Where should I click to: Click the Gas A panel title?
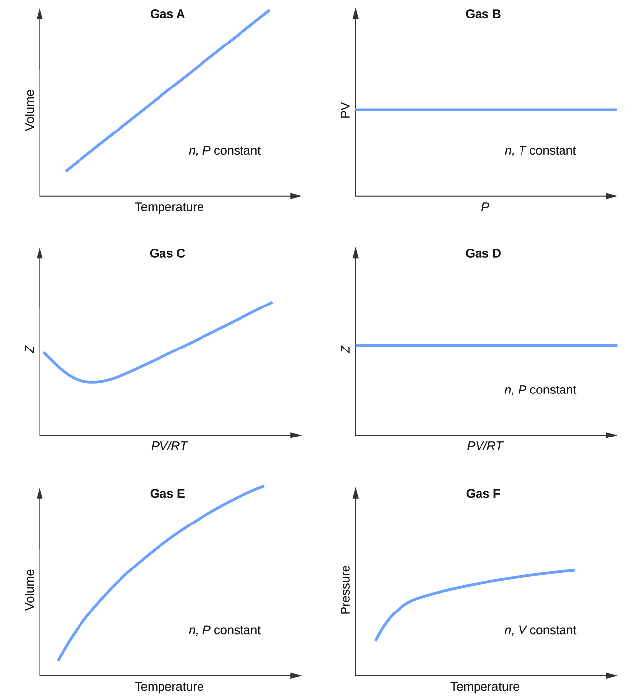167,14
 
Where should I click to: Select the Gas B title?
483,14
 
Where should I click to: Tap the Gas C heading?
167,254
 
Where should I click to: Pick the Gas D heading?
483,254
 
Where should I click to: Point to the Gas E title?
167,494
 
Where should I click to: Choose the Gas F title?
483,494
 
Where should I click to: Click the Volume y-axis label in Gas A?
30,110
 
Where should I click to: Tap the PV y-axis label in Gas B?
345,110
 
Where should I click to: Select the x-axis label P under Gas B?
485,207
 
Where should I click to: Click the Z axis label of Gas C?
30,349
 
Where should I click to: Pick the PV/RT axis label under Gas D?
485,446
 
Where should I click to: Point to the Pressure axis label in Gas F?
345,590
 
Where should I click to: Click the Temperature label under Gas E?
169,687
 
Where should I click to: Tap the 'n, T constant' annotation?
540,151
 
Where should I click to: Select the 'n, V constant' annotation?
540,630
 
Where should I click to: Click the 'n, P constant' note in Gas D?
540,390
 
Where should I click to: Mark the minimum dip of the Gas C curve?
92,382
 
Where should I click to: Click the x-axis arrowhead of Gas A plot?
296,196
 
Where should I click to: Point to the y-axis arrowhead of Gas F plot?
355,493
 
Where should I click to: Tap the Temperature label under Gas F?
485,687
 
